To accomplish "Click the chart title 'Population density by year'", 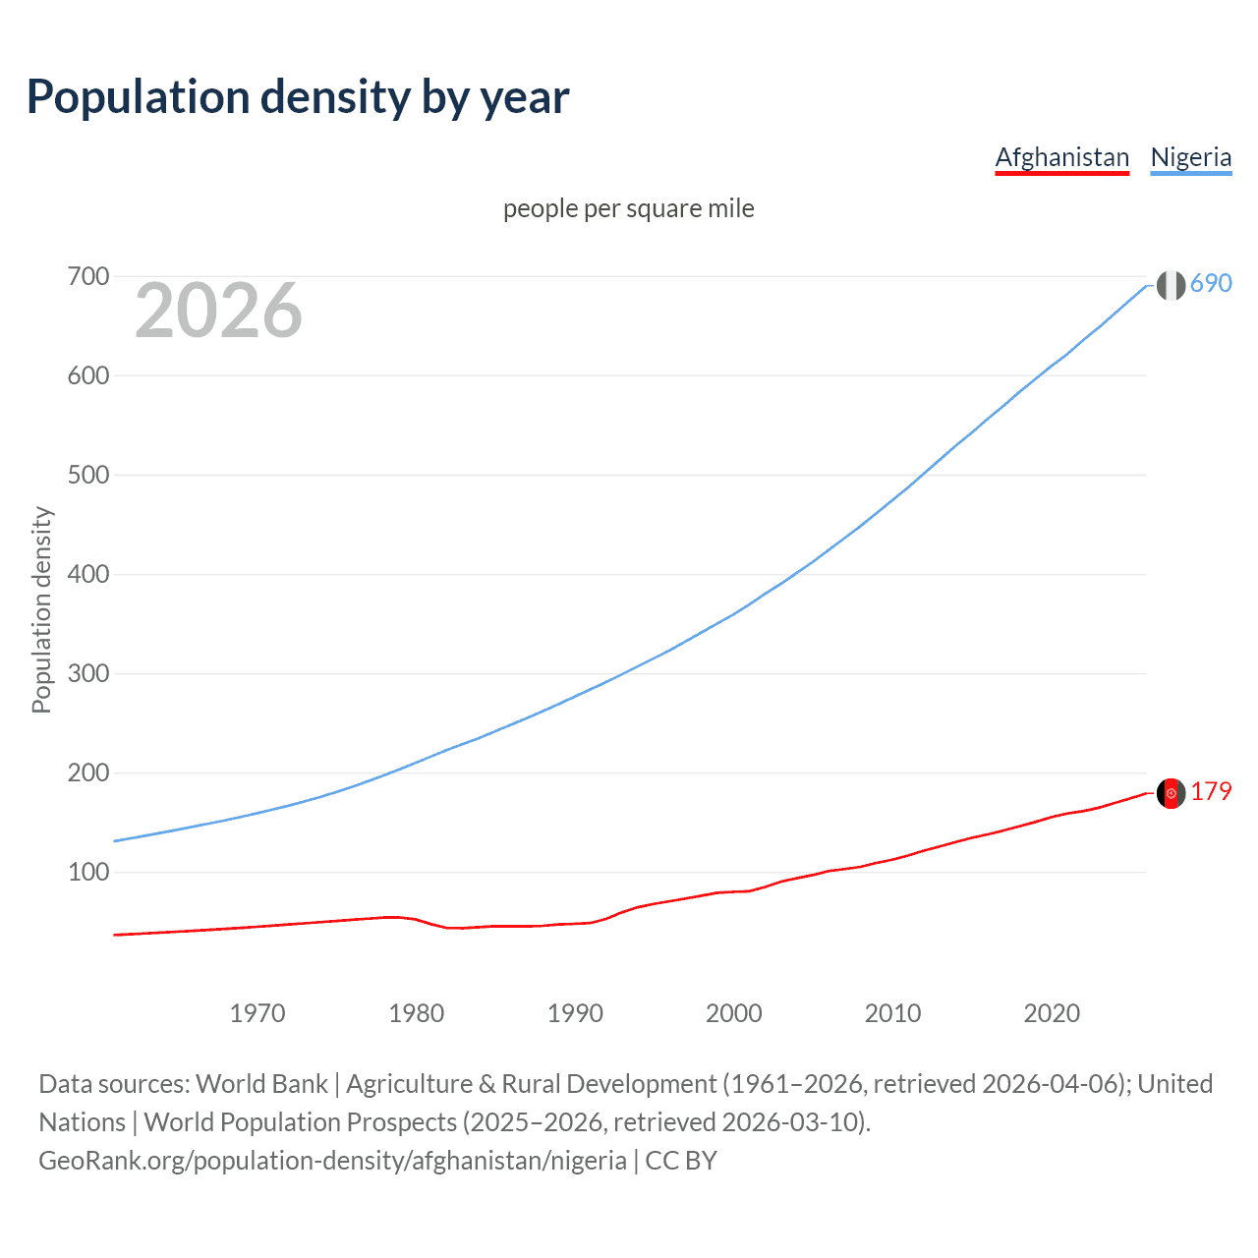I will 298,97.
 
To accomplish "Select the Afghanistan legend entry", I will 1061,157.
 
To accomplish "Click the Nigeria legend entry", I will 1190,157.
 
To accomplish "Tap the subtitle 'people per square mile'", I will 628,208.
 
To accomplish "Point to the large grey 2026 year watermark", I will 218,311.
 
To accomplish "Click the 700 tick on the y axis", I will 87,277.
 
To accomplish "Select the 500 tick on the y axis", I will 87,476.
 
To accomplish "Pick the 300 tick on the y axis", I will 87,674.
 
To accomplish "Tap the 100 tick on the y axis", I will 87,873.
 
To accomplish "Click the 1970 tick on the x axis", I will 257,1013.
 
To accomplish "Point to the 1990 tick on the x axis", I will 575,1013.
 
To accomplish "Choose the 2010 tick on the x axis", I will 892,1013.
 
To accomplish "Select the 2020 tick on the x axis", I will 1052,1013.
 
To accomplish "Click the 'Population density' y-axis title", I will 41,609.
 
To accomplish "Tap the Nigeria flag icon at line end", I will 1171,285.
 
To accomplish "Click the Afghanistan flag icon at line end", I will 1171,793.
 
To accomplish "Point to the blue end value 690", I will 1211,284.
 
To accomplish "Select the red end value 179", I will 1211,792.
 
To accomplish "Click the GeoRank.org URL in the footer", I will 332,1161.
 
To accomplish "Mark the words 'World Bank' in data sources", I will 261,1084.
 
